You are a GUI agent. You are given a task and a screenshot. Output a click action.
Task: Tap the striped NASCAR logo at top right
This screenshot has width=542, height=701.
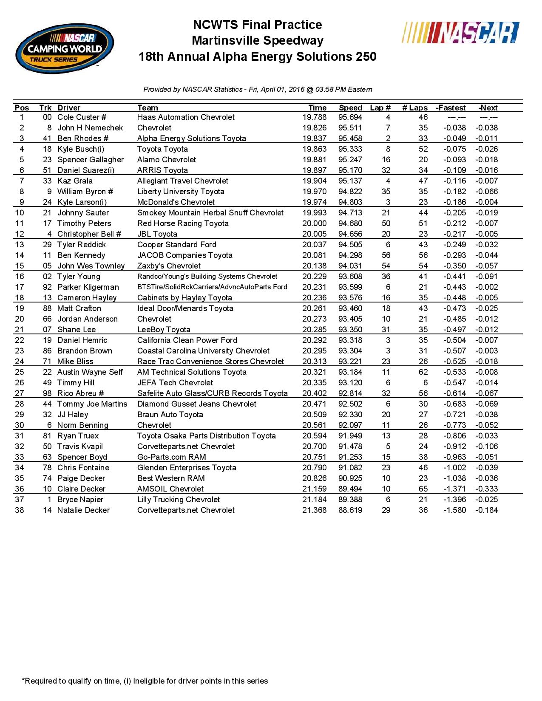(x=460, y=33)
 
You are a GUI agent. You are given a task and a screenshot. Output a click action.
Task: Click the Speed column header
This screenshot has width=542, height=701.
(x=350, y=108)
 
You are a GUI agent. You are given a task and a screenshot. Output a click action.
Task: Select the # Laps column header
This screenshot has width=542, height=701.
(x=414, y=108)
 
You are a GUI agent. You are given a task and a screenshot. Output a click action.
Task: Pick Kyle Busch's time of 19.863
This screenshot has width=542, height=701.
(x=315, y=149)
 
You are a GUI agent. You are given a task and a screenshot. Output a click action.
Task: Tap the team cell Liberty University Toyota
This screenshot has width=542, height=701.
(x=181, y=192)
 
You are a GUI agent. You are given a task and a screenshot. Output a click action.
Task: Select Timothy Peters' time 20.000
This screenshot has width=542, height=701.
(x=315, y=223)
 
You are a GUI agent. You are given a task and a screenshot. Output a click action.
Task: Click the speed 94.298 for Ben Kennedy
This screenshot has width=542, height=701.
(x=350, y=255)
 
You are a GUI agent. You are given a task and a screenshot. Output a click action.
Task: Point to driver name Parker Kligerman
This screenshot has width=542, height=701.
(x=88, y=287)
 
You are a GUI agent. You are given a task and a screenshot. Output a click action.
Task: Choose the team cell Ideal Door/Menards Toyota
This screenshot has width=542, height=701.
(x=185, y=308)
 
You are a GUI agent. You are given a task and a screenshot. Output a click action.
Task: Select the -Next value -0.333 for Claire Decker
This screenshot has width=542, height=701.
(x=486, y=489)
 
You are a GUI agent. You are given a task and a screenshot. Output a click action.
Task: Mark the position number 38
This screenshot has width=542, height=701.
(x=20, y=510)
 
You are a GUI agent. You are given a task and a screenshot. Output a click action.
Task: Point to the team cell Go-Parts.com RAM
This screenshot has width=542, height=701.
(x=171, y=457)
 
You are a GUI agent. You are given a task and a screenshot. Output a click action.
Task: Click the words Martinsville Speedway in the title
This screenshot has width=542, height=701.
(x=258, y=41)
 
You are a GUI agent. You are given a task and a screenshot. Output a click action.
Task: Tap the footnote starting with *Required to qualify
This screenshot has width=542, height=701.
(x=145, y=681)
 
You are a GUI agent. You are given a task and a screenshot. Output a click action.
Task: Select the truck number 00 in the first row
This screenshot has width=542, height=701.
(x=47, y=117)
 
